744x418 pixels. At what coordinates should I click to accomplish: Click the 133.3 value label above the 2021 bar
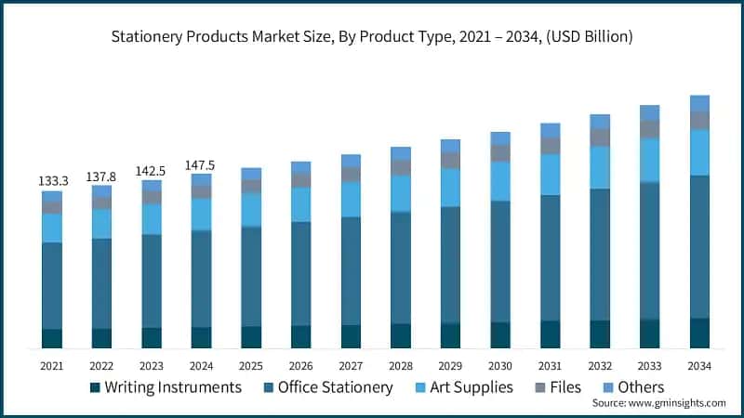pyautogui.click(x=52, y=181)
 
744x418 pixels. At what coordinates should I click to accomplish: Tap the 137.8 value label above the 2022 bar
pyautogui.click(x=101, y=176)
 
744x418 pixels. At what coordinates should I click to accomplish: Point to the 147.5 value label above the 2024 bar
pyautogui.click(x=201, y=164)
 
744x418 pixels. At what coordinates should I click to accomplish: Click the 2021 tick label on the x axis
pyautogui.click(x=52, y=365)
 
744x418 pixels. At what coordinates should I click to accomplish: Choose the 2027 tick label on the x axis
pyautogui.click(x=351, y=365)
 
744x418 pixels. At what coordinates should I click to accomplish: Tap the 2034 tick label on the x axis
pyautogui.click(x=699, y=365)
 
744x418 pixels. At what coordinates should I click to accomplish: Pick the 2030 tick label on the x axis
pyautogui.click(x=500, y=365)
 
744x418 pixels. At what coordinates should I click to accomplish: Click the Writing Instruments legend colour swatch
pyautogui.click(x=95, y=387)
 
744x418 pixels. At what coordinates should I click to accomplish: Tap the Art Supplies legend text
pyautogui.click(x=466, y=387)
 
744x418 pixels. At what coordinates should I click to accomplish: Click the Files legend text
pyautogui.click(x=565, y=387)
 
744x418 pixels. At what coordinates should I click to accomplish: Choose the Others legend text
pyautogui.click(x=640, y=387)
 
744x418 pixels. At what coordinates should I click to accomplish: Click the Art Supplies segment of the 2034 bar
pyautogui.click(x=699, y=152)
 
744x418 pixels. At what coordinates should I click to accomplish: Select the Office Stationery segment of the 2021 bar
pyautogui.click(x=52, y=286)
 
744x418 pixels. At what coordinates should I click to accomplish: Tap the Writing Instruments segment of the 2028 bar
pyautogui.click(x=401, y=335)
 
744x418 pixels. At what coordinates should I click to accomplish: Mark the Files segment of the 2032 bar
pyautogui.click(x=600, y=137)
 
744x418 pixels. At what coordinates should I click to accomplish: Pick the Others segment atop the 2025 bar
pyautogui.click(x=251, y=174)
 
